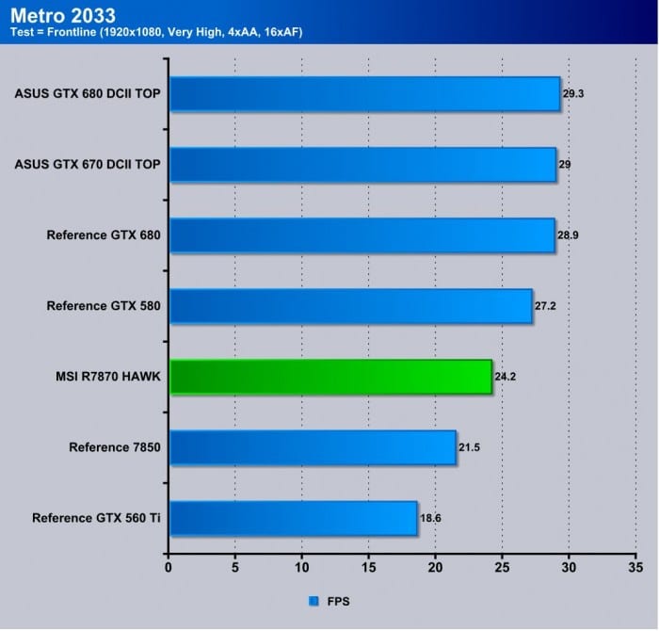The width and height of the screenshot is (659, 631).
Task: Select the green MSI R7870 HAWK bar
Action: point(329,377)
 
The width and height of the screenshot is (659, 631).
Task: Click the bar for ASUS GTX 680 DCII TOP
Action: point(364,94)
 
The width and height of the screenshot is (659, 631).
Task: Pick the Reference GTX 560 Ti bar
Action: point(293,518)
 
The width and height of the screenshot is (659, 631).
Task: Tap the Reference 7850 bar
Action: point(313,447)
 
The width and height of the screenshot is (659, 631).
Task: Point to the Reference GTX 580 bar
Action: point(350,306)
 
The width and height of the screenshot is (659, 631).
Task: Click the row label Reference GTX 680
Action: point(103,235)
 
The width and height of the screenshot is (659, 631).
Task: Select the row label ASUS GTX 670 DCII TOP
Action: point(88,165)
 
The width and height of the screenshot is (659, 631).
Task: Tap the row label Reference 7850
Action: point(114,447)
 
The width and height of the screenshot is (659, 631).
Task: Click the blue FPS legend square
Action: point(313,600)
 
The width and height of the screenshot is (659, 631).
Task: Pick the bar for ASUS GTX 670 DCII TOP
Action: point(362,165)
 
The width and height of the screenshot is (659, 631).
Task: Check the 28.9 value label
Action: point(568,235)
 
